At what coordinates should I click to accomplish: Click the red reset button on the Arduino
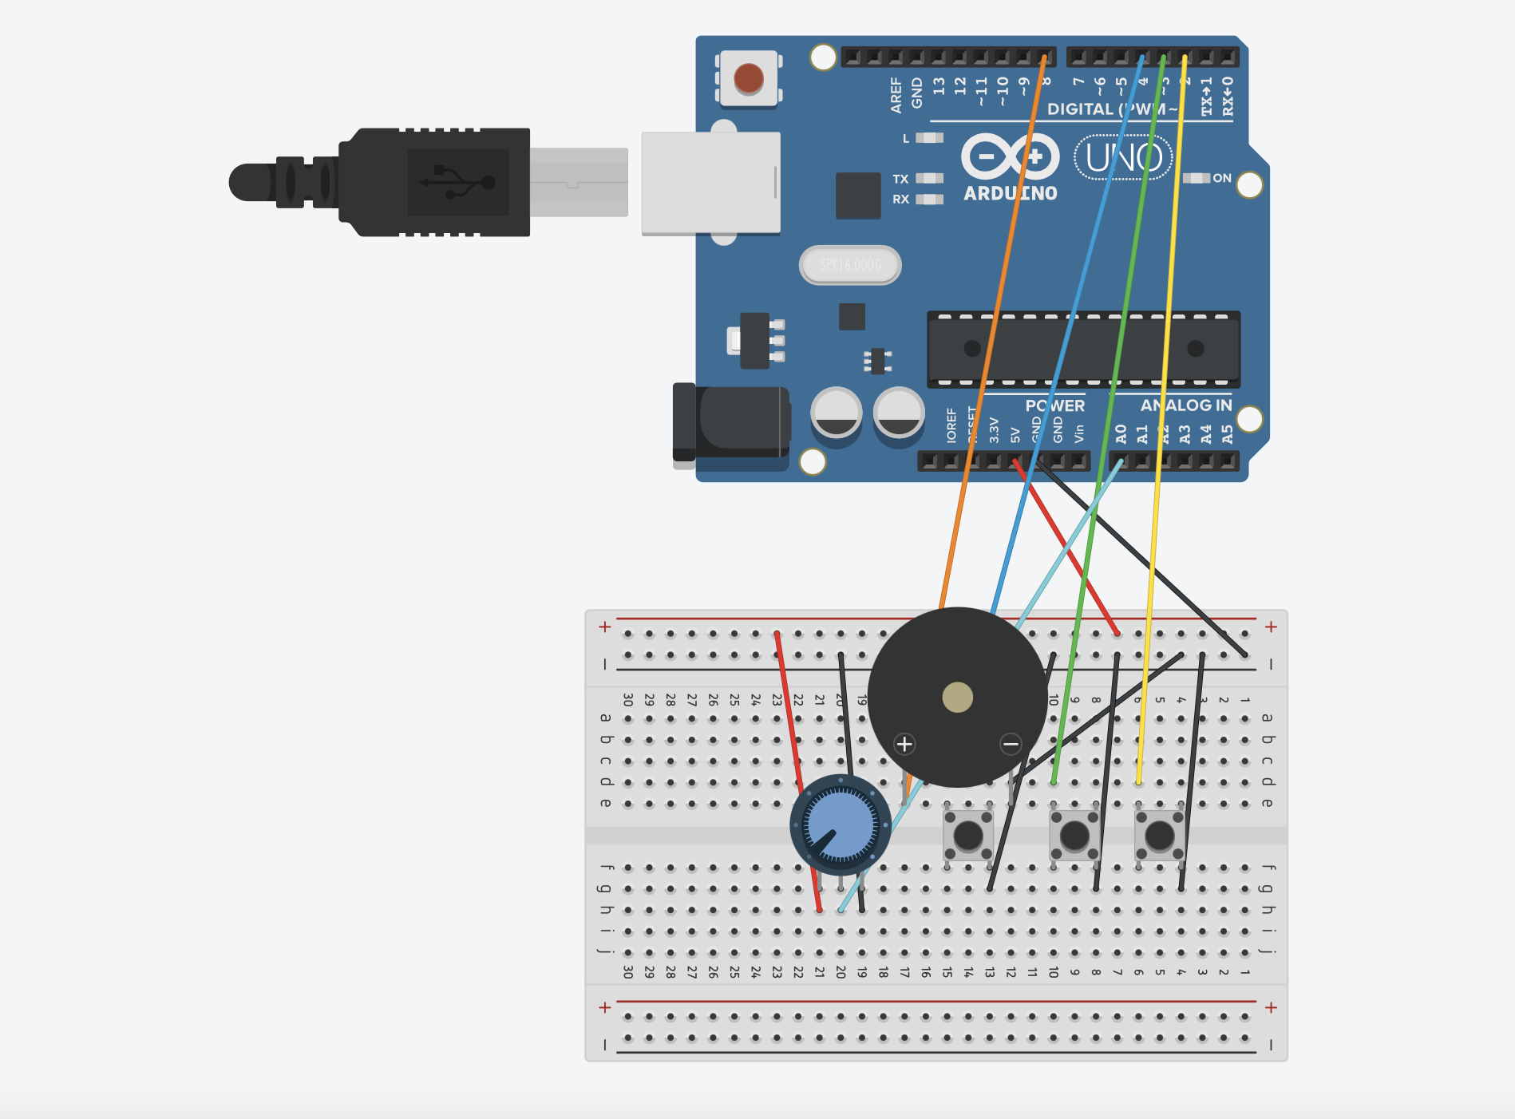pos(748,78)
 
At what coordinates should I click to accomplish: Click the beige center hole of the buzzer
pos(957,697)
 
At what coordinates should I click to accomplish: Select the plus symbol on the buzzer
pos(904,744)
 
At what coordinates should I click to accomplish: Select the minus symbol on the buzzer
pos(1011,744)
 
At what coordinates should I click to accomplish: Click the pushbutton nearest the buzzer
pos(968,836)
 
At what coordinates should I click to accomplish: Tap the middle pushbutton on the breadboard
pos(1074,836)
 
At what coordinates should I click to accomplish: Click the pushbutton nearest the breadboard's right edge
pos(1159,836)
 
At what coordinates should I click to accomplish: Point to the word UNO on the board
pos(1123,158)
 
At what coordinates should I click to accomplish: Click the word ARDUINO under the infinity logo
pos(1011,193)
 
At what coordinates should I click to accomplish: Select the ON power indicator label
pos(1221,178)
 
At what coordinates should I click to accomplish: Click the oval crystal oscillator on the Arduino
pos(850,265)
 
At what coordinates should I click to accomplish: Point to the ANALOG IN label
pos(1185,405)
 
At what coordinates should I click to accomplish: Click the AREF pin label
pos(896,94)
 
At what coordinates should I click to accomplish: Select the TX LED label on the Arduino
pos(900,179)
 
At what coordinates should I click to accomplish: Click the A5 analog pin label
pos(1227,433)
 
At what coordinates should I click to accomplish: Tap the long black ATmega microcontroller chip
pos(1083,348)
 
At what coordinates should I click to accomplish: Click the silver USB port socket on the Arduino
pos(710,183)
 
